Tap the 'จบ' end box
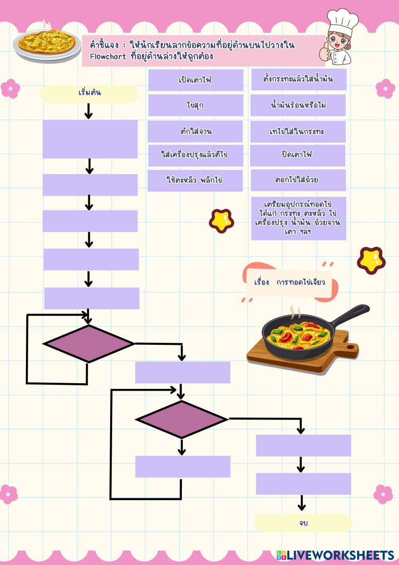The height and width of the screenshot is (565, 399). point(303,523)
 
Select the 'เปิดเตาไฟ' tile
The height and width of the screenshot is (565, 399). point(196,80)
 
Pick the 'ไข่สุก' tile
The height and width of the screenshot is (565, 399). point(196,105)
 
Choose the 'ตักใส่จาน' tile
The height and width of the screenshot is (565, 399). point(195,131)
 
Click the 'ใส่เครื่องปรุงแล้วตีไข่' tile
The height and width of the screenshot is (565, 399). point(196,155)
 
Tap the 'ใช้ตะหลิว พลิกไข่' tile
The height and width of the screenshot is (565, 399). point(195,180)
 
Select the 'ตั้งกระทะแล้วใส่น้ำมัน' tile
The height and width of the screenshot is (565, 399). point(298,79)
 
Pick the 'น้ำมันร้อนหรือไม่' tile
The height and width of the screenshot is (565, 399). point(298,105)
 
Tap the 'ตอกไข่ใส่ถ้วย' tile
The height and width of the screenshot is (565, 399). point(298,180)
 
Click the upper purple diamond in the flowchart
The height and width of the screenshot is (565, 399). point(89,344)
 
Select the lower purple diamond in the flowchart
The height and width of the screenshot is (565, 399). point(182,419)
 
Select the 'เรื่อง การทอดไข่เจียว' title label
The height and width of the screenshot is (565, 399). point(290,282)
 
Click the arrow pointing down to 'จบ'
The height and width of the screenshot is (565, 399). point(302,503)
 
